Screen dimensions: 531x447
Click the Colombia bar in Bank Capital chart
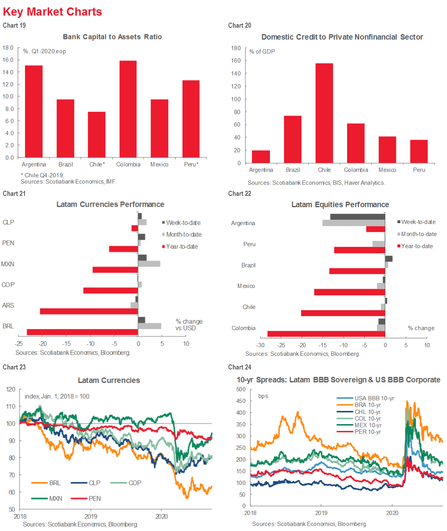(128, 109)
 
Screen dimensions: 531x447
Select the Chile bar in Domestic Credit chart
(324, 113)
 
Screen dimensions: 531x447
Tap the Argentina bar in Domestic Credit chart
(261, 156)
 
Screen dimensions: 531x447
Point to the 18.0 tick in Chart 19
(8, 48)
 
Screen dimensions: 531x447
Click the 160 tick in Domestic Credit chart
(236, 60)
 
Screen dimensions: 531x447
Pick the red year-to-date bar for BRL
(82, 332)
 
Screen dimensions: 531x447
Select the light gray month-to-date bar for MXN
(149, 264)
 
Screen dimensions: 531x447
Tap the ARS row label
(8, 305)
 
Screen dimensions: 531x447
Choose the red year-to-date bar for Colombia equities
(326, 334)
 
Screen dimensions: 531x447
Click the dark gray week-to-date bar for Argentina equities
(357, 217)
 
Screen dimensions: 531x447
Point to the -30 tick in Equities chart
(260, 345)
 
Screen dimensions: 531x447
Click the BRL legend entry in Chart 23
(46, 483)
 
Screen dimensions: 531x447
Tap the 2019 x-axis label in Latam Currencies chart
(91, 517)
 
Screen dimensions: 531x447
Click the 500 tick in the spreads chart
(241, 389)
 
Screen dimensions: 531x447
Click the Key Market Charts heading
(52, 12)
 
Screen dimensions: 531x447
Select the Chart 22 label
(239, 194)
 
